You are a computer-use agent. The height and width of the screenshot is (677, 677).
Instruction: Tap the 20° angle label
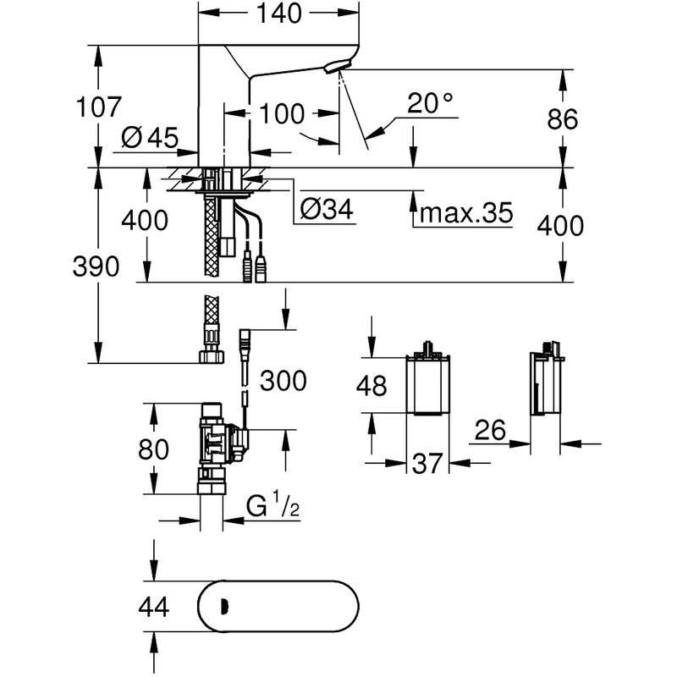[x=430, y=104]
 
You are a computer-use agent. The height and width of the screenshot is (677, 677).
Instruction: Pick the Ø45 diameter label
[x=150, y=138]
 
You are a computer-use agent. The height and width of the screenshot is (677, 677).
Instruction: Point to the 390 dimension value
[x=96, y=267]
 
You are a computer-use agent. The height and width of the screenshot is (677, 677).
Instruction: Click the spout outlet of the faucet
[x=339, y=68]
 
